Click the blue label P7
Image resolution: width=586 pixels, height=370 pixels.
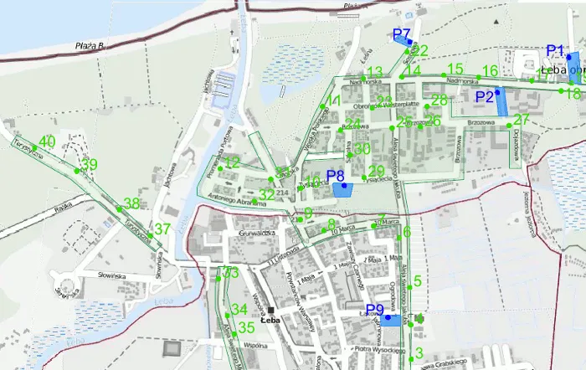(401, 34)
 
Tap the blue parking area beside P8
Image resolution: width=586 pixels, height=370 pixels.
(342, 190)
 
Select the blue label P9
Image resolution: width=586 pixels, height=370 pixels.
(375, 310)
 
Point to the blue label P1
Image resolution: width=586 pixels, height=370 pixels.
(556, 50)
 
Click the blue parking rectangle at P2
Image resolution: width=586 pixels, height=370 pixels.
(501, 103)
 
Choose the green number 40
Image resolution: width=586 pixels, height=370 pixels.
(47, 141)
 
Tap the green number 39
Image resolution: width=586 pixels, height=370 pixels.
(89, 164)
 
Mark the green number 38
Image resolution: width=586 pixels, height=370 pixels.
(131, 203)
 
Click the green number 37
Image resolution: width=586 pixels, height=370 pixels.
(162, 229)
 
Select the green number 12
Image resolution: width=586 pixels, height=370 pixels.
(232, 162)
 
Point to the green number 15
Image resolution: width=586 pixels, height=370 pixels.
(455, 69)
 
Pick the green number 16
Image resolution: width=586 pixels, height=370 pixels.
(491, 71)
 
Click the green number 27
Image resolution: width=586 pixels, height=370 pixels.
(522, 120)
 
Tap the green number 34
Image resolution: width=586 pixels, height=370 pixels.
(239, 310)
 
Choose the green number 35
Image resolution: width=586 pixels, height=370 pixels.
(246, 327)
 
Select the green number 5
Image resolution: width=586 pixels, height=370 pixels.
(418, 281)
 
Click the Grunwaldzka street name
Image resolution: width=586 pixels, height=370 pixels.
(257, 234)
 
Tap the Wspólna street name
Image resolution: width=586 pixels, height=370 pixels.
(256, 344)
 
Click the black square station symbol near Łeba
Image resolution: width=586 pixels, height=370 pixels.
(270, 311)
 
